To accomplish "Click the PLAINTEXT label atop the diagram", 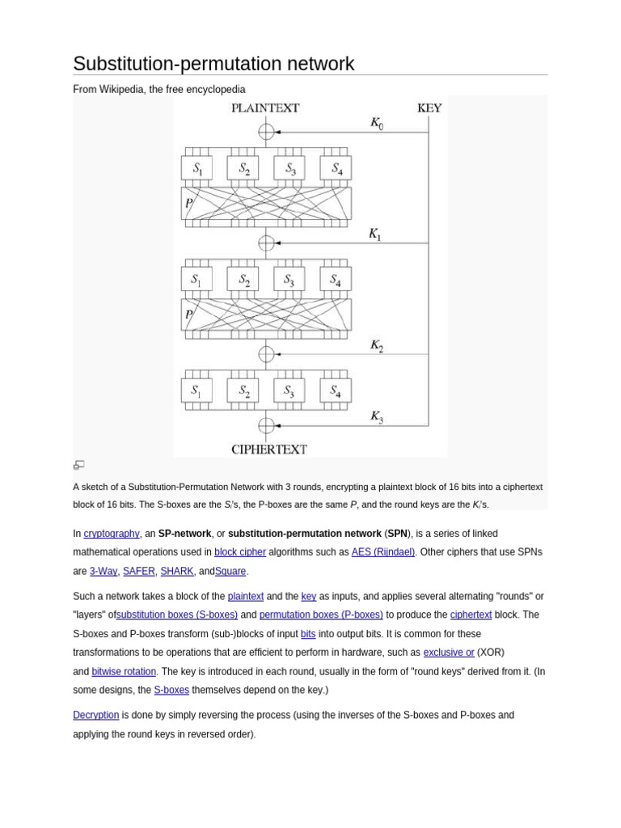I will (x=265, y=108).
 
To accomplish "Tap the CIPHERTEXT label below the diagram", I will (x=268, y=450).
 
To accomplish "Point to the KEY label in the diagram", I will (x=429, y=108).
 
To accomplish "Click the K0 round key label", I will (x=377, y=124).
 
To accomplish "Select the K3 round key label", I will (x=377, y=417).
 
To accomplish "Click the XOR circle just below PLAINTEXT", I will (x=266, y=131).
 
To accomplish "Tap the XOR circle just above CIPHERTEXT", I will (x=266, y=425).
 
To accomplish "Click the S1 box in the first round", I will (x=196, y=168).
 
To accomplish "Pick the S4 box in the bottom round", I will (x=336, y=391).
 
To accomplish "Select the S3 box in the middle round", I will (x=289, y=280).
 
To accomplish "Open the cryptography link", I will (x=112, y=534).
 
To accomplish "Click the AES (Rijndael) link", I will (x=383, y=552).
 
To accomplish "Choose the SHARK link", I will (x=177, y=571).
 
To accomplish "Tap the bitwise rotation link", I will (x=124, y=671).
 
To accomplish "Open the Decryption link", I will (x=95, y=715).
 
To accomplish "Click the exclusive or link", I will (x=449, y=653).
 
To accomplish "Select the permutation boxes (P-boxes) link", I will (x=321, y=615).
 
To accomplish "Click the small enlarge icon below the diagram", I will (x=78, y=465).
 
